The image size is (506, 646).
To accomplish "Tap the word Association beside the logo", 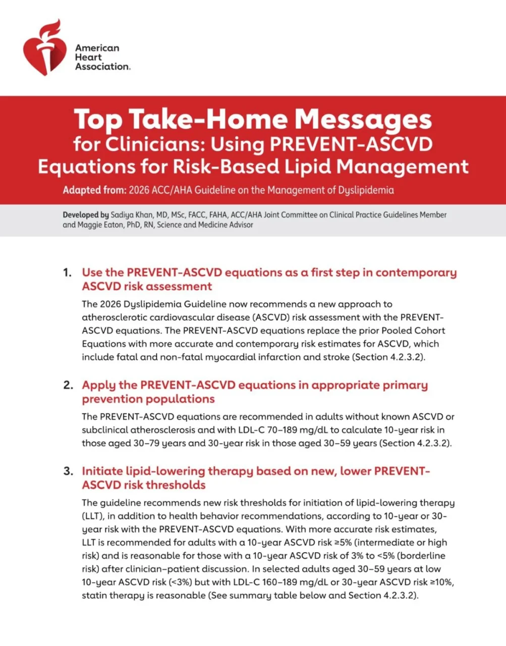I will [x=102, y=67].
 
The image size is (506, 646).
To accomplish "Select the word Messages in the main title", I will [x=363, y=119].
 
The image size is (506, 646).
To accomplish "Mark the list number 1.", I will [x=67, y=273].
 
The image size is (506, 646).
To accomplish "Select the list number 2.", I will [x=68, y=386].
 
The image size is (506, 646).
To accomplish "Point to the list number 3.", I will [x=68, y=472].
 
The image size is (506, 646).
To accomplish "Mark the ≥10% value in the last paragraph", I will [x=442, y=582].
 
